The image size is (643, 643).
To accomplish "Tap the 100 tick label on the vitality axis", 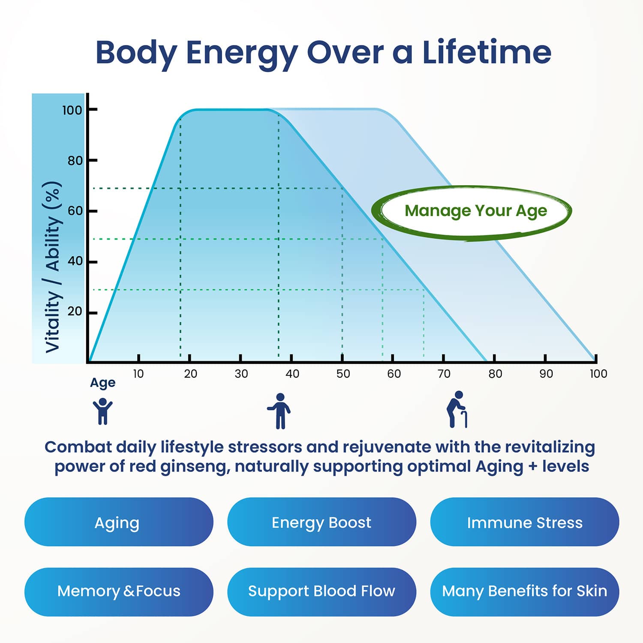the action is pos(72,110).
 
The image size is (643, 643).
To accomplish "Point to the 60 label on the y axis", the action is pos(75,211).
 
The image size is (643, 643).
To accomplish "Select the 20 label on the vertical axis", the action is pos(75,311).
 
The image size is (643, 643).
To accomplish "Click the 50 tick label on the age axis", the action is pos(343,374).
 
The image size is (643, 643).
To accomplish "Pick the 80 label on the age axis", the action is pos(495,374).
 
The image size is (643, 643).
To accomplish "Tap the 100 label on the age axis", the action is pos(598,374).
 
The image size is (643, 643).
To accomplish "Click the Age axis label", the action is pos(103,383).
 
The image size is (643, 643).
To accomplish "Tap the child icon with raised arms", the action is pos(102,411).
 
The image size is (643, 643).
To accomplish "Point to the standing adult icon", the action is pos(279,411).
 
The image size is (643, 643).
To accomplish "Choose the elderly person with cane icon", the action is pos(457,409).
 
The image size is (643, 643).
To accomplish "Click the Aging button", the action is pos(119,522).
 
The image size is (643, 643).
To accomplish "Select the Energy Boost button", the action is pos(321,522).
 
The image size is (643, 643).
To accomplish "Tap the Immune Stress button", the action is pos(525,522).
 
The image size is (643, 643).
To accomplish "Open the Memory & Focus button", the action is pos(119,592).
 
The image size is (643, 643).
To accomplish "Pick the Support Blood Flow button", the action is pos(321,592).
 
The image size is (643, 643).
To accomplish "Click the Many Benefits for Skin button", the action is pos(525,592).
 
